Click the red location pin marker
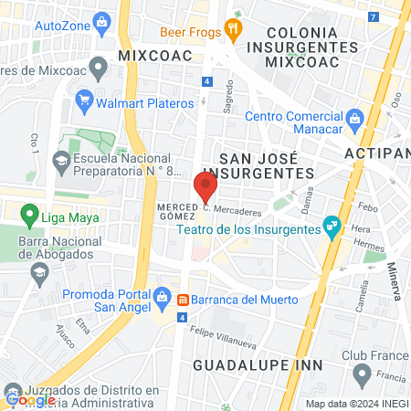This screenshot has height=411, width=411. point(205,186)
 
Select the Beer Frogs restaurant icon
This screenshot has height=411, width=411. point(234,30)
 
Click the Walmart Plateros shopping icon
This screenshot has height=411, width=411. point(85,99)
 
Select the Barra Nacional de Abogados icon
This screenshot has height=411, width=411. point(39,271)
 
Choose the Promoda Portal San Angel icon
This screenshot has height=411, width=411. point(162,295)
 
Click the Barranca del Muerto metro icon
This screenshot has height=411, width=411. point(183,300)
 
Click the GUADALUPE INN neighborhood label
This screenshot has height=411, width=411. point(258,365)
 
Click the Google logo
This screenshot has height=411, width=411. point(29,399)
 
